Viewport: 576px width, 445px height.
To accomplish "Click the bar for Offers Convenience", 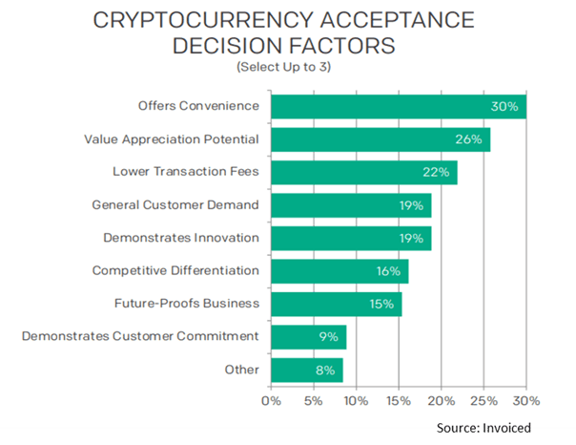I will [x=399, y=107].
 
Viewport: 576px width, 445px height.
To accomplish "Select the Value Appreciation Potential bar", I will [x=381, y=139].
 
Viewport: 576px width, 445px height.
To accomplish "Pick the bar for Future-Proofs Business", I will [x=337, y=304].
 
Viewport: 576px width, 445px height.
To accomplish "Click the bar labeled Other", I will [x=306, y=370].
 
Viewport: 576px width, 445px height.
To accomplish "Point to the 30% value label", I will [x=505, y=107].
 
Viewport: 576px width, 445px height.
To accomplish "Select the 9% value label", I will [x=326, y=337].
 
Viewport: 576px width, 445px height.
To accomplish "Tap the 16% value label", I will [x=388, y=271].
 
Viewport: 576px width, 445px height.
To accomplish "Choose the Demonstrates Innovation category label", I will [x=180, y=238].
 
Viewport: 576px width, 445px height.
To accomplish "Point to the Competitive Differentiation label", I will [x=175, y=271].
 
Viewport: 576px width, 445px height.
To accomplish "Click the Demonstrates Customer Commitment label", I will [x=140, y=336].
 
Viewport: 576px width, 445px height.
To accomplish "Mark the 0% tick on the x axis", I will [x=272, y=400].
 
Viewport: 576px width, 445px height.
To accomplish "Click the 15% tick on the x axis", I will [x=399, y=400].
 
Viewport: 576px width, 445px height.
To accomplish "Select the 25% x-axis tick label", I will [x=483, y=400].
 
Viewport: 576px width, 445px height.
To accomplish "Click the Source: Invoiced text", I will [x=483, y=428].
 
